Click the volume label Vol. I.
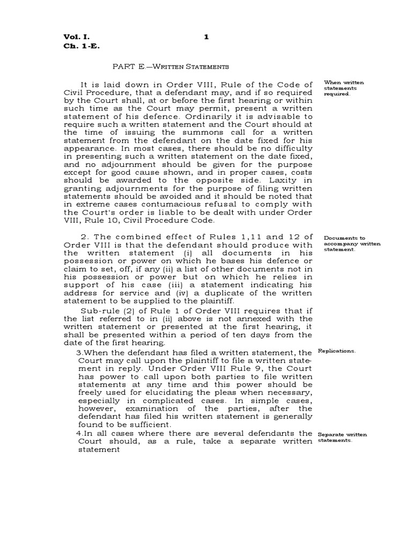(x=77, y=36)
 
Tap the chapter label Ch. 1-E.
(x=82, y=46)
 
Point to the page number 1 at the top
(x=206, y=36)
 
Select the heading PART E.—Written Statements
(x=170, y=67)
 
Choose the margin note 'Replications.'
(x=336, y=351)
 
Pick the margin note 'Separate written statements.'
(x=342, y=437)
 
